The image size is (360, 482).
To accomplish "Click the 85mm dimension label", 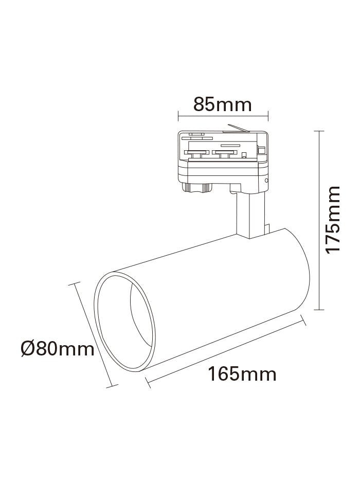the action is [x=223, y=104].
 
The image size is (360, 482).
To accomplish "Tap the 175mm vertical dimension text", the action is [x=333, y=220].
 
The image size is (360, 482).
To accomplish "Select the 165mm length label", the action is [x=242, y=374].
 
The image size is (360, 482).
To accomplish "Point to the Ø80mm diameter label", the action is [x=58, y=349].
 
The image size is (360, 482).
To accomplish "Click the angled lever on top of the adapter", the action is [x=238, y=128].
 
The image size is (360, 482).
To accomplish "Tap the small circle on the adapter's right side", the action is [x=266, y=180].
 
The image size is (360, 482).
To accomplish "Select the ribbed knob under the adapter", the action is [x=197, y=188].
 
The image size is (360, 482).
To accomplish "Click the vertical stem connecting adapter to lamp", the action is [x=250, y=215].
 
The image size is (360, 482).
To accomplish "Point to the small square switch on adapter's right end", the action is [x=262, y=150].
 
